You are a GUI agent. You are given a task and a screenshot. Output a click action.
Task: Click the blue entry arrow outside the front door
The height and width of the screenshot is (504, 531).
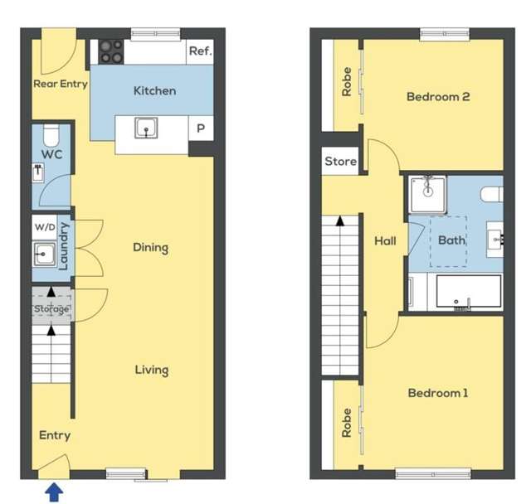53,492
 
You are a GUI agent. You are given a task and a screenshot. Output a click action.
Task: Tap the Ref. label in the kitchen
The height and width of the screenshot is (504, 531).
200,51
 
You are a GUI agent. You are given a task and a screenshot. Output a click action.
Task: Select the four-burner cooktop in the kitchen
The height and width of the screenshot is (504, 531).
111,51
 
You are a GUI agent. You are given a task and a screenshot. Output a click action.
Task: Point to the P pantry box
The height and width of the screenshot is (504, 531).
201,129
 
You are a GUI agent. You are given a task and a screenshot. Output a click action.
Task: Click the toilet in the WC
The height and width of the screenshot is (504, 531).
50,133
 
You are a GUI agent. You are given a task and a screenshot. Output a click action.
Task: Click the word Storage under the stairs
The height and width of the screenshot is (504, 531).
51,309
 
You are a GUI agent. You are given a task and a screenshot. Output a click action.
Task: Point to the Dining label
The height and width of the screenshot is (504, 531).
150,247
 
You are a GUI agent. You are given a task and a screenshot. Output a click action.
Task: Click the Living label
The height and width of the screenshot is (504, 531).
152,370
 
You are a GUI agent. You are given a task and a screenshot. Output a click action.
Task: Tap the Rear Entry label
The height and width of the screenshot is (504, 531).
61,84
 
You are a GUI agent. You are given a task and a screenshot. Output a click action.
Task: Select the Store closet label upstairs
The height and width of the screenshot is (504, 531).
340,162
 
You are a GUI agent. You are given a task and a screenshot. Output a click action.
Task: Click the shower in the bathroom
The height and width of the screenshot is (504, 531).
427,190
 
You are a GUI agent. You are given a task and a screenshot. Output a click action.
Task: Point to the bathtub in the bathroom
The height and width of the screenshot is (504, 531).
469,292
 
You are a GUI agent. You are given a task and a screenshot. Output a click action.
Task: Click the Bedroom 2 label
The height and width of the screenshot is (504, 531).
438,97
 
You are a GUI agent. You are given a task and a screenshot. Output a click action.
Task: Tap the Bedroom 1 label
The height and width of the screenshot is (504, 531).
438,393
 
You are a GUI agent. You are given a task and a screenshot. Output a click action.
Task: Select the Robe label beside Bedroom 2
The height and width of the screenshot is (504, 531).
347,81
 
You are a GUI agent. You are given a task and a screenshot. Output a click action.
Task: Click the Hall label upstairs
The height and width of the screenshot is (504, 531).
384,242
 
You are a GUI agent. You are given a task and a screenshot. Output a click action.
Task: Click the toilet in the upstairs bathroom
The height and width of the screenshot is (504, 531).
493,193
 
